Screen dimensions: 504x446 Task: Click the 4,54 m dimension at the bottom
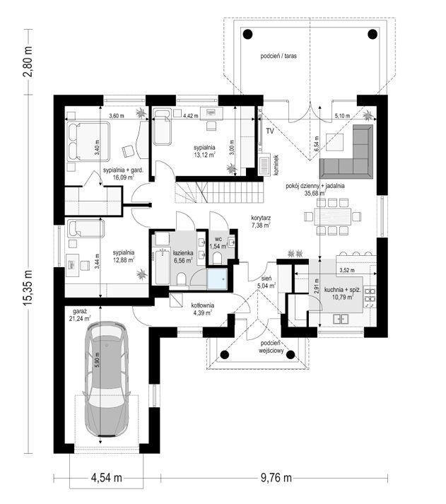pos(106,479)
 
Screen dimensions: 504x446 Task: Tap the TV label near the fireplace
pos(270,131)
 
